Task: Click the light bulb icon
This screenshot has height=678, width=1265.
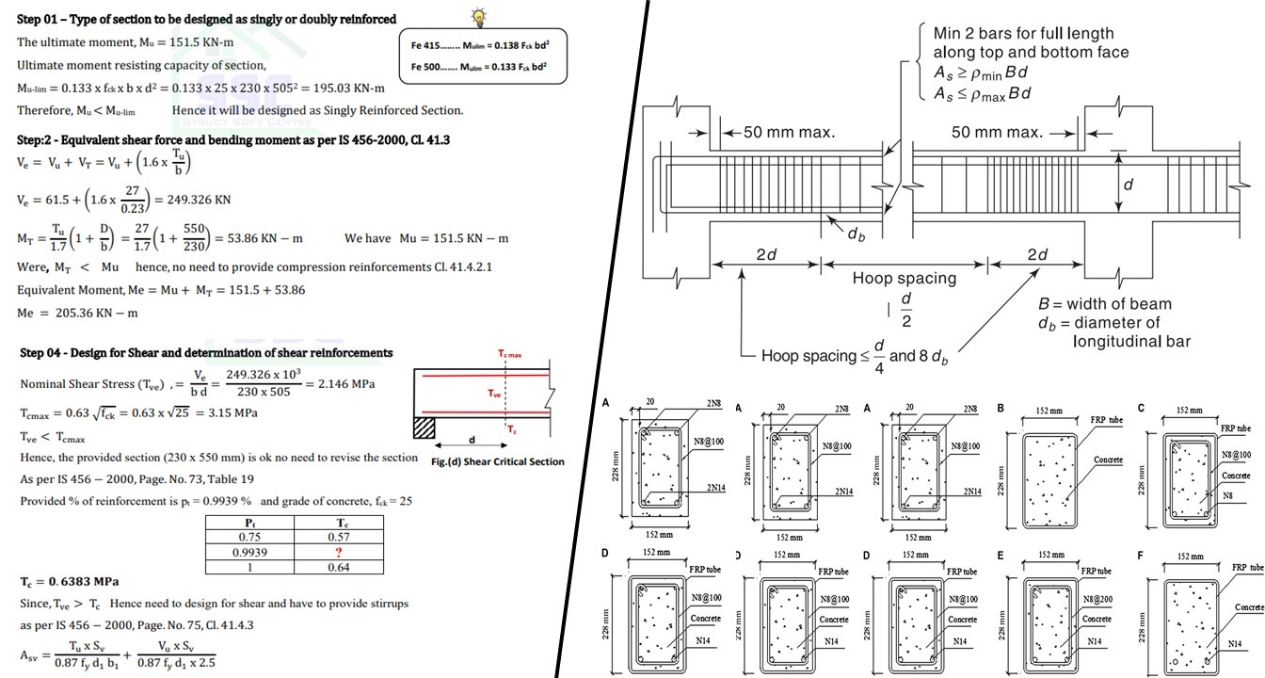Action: pos(480,17)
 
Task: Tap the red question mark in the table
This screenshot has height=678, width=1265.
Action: pos(337,553)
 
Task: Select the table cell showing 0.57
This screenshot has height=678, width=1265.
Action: pos(337,537)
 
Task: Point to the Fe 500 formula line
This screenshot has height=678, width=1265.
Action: pos(479,67)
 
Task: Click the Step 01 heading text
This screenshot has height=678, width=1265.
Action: pos(206,19)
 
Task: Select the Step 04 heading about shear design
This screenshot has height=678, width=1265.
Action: pos(206,353)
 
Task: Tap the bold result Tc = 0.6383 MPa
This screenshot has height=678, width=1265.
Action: pos(70,582)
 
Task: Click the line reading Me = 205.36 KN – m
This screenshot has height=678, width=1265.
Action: pos(77,313)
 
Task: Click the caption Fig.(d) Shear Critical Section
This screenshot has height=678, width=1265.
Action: pos(498,461)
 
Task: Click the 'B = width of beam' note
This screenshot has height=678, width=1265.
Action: pos(1104,304)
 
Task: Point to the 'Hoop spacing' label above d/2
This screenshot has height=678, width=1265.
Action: pos(904,279)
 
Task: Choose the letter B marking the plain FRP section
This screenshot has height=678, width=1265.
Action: pos(1000,409)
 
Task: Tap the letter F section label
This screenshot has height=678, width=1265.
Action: pos(1141,557)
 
